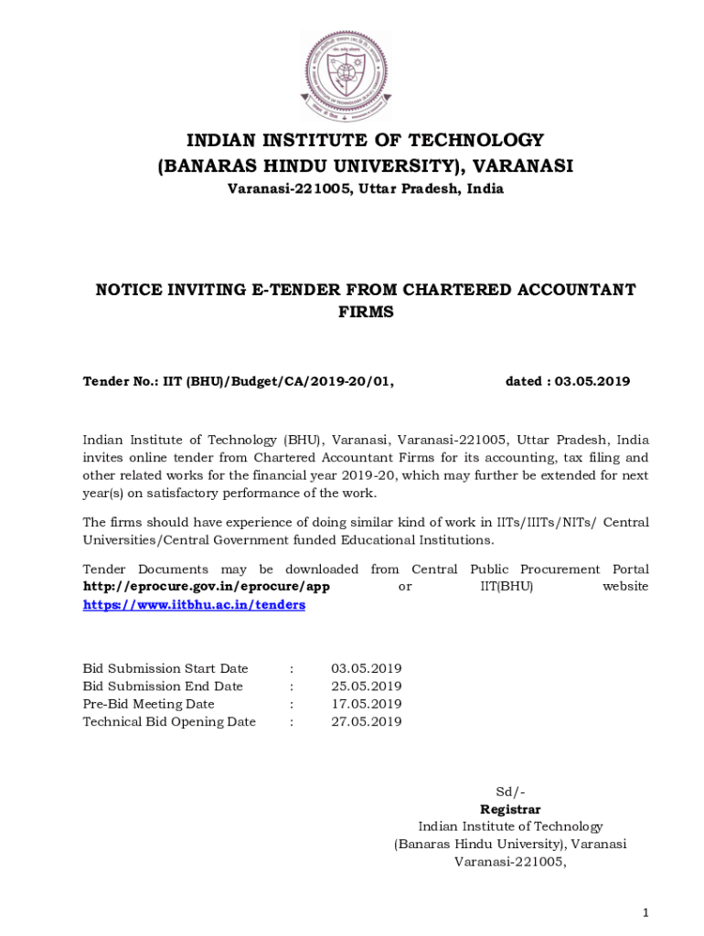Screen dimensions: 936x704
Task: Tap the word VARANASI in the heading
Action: click(x=523, y=165)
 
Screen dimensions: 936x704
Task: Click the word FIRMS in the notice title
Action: click(x=365, y=312)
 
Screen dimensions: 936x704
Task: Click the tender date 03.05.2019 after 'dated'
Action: click(x=594, y=381)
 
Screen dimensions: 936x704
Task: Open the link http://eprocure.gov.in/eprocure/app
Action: click(x=206, y=587)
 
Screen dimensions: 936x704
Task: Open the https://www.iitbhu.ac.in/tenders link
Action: click(x=194, y=605)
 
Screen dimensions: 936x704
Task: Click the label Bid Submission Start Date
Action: click(x=165, y=669)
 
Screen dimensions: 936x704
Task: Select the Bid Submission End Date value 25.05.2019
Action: click(x=366, y=686)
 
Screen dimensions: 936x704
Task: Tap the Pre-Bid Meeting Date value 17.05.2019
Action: click(x=366, y=704)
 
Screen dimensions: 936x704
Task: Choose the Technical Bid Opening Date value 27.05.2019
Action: click(x=366, y=722)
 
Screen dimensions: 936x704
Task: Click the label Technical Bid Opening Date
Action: click(x=169, y=722)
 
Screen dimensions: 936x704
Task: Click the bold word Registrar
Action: click(x=510, y=809)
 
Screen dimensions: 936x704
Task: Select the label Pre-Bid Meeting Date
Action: click(x=149, y=704)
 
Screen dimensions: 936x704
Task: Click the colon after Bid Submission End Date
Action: click(x=292, y=686)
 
